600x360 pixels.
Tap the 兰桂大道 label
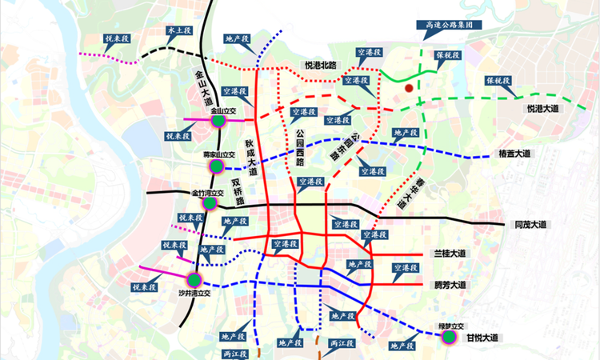point(450,254)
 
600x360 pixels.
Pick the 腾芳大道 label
point(450,284)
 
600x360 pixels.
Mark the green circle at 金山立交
point(218,120)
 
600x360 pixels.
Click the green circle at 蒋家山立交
point(215,166)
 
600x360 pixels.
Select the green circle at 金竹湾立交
point(210,203)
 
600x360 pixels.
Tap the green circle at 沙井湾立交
point(194,280)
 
